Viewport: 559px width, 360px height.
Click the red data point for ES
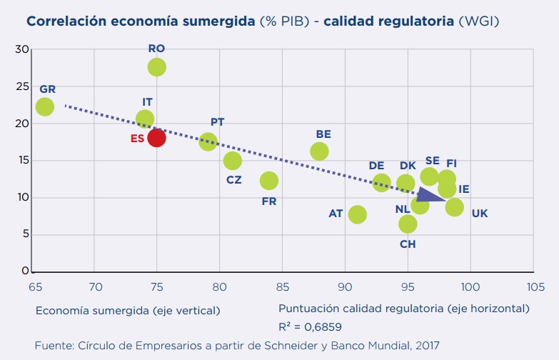click(x=157, y=138)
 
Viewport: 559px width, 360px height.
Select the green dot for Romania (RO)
click(x=157, y=67)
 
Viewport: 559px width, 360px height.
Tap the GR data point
click(x=45, y=106)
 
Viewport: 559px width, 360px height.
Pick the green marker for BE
click(x=319, y=151)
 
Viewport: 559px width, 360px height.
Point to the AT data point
click(x=358, y=214)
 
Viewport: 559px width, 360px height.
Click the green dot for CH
click(x=408, y=224)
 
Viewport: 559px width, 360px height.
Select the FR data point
click(x=269, y=181)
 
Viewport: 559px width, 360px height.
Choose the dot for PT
click(x=208, y=141)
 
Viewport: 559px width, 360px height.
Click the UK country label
click(x=480, y=213)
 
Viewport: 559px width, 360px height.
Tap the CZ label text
click(x=234, y=180)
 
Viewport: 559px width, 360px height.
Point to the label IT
click(x=148, y=102)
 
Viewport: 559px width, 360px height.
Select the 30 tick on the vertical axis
click(x=24, y=49)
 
